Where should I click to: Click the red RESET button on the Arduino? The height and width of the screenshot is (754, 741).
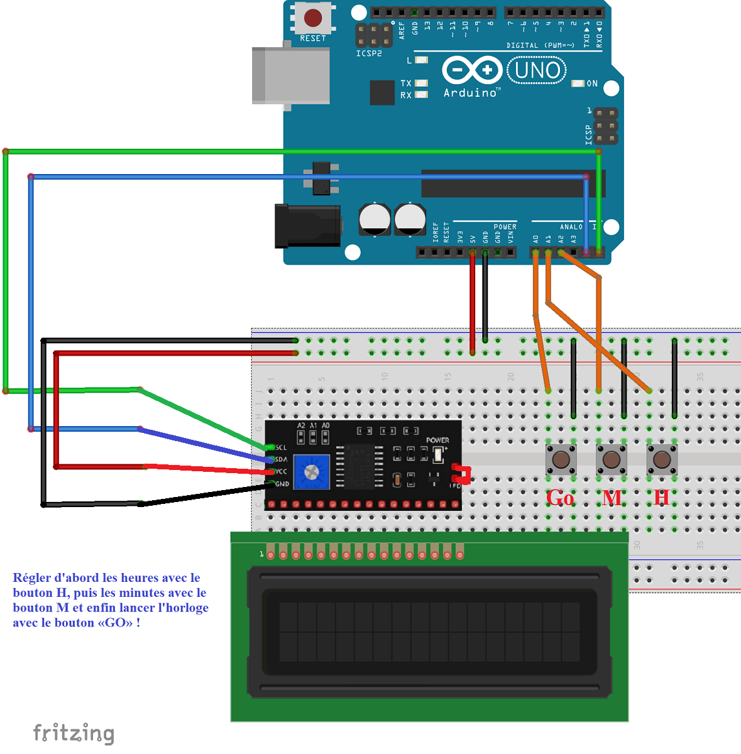point(313,18)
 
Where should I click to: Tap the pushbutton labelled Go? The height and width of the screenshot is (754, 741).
point(561,459)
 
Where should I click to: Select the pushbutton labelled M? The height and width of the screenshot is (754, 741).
point(611,459)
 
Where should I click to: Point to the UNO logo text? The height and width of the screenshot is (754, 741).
point(537,70)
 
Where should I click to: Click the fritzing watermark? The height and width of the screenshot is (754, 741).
point(74,733)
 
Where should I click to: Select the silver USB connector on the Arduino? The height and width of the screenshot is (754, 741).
point(290,75)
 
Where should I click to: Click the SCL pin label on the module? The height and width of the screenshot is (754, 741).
point(281,447)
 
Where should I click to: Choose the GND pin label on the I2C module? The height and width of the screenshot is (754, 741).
point(282,484)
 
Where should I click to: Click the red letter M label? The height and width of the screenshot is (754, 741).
point(612,498)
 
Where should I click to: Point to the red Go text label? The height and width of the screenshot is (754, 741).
point(560,498)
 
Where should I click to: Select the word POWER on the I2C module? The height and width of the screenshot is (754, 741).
point(437,440)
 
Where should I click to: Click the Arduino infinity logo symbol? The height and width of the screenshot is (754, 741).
point(471,70)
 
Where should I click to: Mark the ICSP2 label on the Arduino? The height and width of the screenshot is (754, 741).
point(369,54)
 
